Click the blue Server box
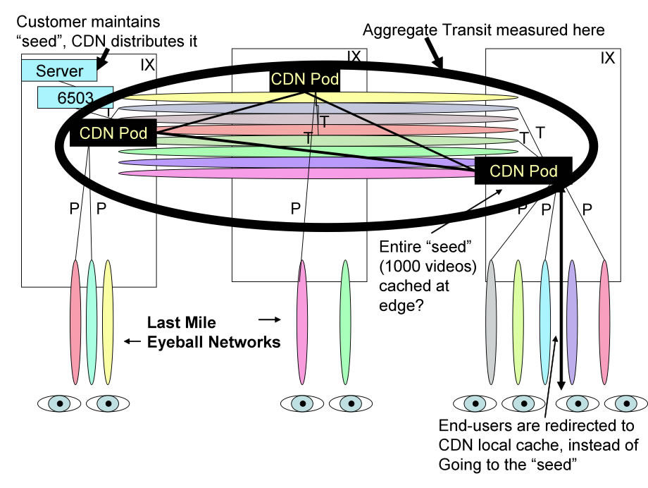point(60,71)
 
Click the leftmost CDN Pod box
point(112,133)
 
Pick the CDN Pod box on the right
point(523,171)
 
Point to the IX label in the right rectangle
point(607,58)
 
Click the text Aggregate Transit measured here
point(484,30)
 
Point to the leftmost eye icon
point(59,403)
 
